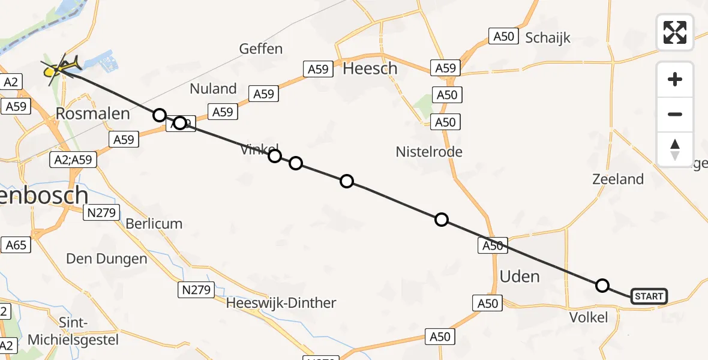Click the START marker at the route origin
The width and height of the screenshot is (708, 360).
[649, 296]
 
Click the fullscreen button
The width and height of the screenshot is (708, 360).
[675, 32]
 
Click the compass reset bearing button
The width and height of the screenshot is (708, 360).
[675, 149]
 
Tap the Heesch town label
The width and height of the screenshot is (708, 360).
[370, 68]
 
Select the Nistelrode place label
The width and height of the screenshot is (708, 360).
[429, 152]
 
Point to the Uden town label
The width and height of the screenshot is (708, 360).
[520, 277]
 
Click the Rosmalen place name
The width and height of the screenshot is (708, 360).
[92, 113]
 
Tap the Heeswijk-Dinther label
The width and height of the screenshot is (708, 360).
[281, 303]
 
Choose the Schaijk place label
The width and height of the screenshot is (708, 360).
[548, 38]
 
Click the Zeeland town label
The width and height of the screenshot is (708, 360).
[618, 179]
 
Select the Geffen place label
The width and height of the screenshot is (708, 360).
[260, 49]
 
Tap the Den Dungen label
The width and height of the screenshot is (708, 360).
[106, 259]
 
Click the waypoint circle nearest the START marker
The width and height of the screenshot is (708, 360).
[602, 286]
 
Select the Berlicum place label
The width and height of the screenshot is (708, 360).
[154, 224]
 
